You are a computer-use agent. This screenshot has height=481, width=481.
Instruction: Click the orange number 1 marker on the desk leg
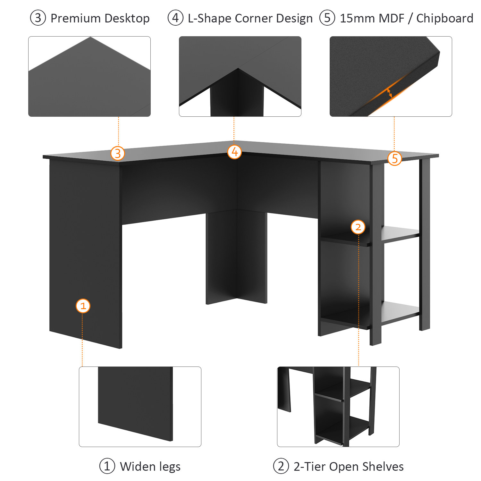click(x=83, y=306)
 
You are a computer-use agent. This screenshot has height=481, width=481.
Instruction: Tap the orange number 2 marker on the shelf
click(x=358, y=227)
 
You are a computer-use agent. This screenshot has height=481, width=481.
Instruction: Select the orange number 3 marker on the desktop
click(x=118, y=153)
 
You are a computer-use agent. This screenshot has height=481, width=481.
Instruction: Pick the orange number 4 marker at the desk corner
click(x=234, y=152)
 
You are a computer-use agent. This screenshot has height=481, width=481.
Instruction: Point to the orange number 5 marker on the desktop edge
click(x=394, y=158)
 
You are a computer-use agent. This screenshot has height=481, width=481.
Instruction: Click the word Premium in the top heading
click(x=76, y=18)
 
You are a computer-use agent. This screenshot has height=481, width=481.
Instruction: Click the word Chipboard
click(x=445, y=19)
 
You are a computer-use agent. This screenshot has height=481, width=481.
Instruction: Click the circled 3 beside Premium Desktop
click(x=38, y=18)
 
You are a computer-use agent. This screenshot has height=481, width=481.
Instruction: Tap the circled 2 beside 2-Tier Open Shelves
click(x=281, y=466)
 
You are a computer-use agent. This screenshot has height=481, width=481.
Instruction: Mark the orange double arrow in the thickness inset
click(x=389, y=93)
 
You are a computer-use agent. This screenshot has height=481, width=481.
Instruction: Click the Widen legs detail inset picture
click(x=140, y=407)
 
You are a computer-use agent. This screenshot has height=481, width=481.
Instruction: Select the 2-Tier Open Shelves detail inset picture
click(x=338, y=407)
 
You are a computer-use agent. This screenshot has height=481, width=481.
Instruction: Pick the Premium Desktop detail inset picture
click(x=89, y=76)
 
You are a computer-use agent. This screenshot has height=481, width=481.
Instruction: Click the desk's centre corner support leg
click(x=237, y=257)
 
